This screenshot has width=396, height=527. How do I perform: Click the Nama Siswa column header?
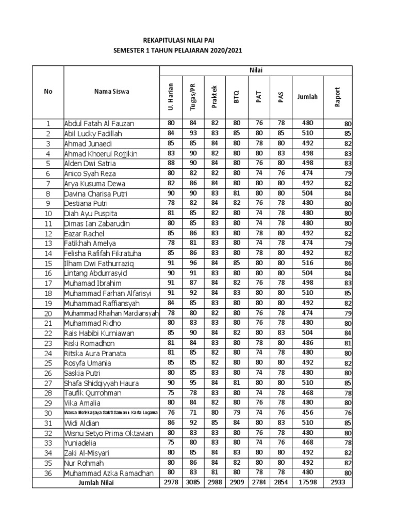(x=111, y=92)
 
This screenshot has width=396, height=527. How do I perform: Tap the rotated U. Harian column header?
(x=171, y=96)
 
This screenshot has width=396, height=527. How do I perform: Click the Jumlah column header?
(x=307, y=96)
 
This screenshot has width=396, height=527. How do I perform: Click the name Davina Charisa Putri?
(x=95, y=194)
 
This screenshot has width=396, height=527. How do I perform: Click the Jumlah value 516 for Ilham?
(x=307, y=263)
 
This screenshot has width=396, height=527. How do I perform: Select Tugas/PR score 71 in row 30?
(x=193, y=413)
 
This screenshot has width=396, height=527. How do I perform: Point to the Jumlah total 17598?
(x=307, y=483)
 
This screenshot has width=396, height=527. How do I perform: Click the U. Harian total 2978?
(x=171, y=483)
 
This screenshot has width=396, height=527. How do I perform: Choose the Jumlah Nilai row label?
(x=96, y=483)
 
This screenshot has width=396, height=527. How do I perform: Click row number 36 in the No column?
(x=48, y=473)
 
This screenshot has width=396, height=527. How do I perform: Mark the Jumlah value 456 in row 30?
(x=307, y=413)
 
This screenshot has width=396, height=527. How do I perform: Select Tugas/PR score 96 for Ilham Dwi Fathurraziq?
(x=193, y=263)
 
